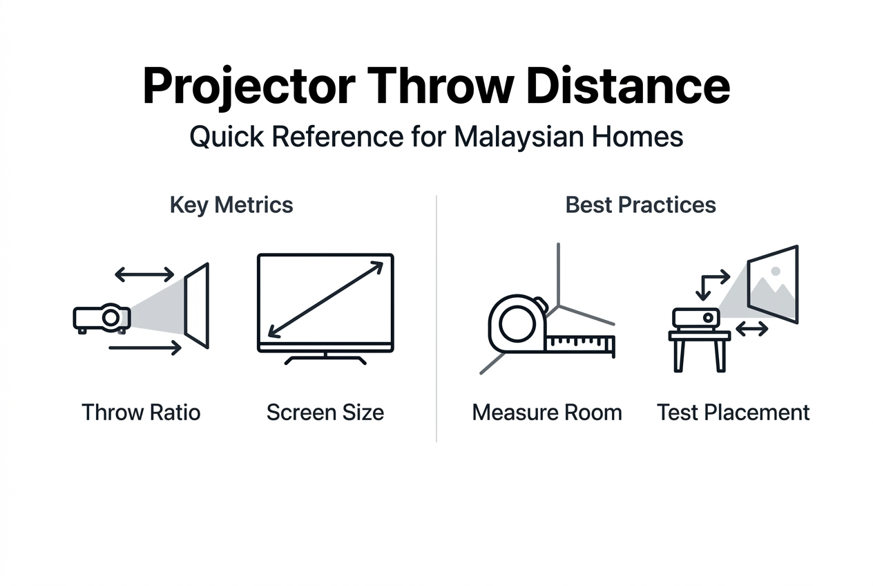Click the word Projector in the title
[249, 87]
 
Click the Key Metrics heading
[231, 205]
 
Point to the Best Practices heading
[640, 205]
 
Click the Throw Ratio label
[141, 413]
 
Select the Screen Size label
[325, 413]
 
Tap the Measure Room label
[547, 413]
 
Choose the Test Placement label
[733, 413]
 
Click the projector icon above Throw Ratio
[102, 318]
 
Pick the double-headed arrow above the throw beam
[144, 275]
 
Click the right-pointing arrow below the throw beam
[144, 348]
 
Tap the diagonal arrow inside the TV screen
[325, 299]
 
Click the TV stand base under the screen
[325, 359]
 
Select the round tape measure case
[517, 325]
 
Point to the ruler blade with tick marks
[580, 343]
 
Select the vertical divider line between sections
[436, 318]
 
